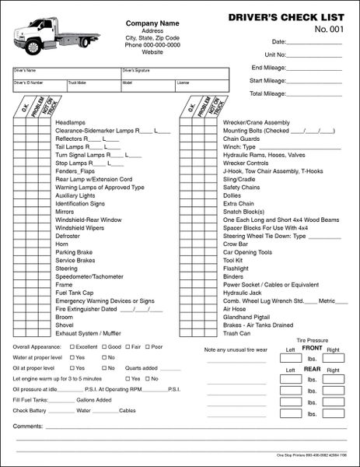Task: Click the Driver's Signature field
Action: click(x=175, y=73)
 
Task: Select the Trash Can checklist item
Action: click(x=236, y=333)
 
